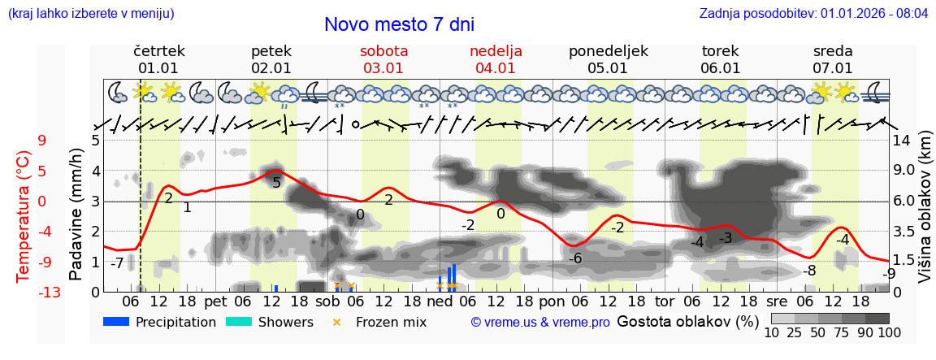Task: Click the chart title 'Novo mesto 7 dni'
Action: pos(399,24)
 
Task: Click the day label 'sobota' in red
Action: pos(383,50)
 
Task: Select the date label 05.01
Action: pos(608,68)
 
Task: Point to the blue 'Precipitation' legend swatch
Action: pos(116,322)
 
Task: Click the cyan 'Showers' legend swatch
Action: pos(238,322)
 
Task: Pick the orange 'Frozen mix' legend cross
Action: pos(338,322)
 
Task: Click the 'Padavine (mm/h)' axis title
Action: pos(76,215)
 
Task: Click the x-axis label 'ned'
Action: pos(440,301)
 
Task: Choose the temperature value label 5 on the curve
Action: pos(276,183)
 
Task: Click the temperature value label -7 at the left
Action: pos(117,263)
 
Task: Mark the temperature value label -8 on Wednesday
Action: pos(808,271)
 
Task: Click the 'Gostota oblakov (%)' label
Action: pos(687,321)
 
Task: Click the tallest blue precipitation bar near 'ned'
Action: pos(453,277)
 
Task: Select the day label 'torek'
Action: pos(720,50)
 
